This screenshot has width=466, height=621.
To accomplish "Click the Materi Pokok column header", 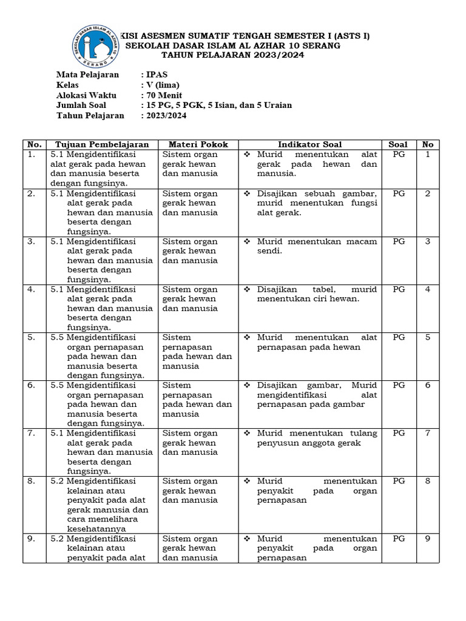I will pyautogui.click(x=198, y=144).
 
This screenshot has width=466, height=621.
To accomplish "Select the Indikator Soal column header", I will pyautogui.click(x=309, y=144).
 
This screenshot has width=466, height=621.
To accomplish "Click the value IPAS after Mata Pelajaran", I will pyautogui.click(x=155, y=75).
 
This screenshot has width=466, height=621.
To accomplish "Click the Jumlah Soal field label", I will pyautogui.click(x=81, y=105).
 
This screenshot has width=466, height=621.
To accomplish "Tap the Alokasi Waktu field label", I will pyautogui.click(x=86, y=95).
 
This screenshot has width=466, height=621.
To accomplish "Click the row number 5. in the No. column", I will pyautogui.click(x=33, y=337).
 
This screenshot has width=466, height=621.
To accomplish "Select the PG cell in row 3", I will pyautogui.click(x=398, y=241).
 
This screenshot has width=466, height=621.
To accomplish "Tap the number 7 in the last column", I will pyautogui.click(x=427, y=433).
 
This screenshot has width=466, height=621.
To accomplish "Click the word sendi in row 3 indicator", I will pyautogui.click(x=270, y=251).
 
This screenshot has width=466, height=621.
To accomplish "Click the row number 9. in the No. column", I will pyautogui.click(x=33, y=539).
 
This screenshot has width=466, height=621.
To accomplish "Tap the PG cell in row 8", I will pyautogui.click(x=398, y=481).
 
